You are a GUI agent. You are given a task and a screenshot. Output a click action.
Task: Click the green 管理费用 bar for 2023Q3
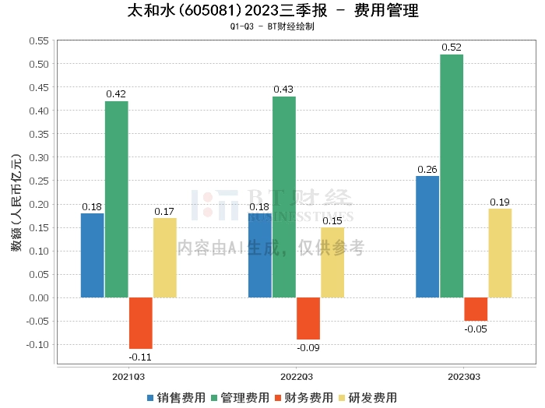pyautogui.click(x=452, y=176)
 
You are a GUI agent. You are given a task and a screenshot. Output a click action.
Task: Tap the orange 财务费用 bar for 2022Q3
pyautogui.click(x=308, y=318)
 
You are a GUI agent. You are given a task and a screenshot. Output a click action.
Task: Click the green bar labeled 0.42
pyautogui.click(x=117, y=199)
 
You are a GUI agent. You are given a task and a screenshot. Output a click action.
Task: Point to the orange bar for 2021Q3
pyautogui.click(x=141, y=323)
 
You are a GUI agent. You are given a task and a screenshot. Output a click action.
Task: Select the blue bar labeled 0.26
pyautogui.click(x=427, y=237)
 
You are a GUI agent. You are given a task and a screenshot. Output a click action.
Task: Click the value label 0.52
pyautogui.click(x=452, y=47)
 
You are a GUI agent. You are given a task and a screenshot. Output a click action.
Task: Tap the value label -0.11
pyautogui.click(x=141, y=357)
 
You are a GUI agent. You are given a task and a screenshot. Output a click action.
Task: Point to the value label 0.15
pyautogui.click(x=332, y=221)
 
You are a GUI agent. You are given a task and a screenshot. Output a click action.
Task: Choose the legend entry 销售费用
pyautogui.click(x=176, y=397)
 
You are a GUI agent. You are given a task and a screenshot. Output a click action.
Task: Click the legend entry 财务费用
pyautogui.click(x=303, y=397)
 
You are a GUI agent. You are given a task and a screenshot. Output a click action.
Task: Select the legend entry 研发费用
pyautogui.click(x=367, y=397)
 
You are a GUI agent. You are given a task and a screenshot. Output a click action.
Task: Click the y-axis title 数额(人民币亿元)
pyautogui.click(x=16, y=204)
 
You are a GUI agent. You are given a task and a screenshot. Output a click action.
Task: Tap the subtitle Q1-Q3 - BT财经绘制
pyautogui.click(x=272, y=26)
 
